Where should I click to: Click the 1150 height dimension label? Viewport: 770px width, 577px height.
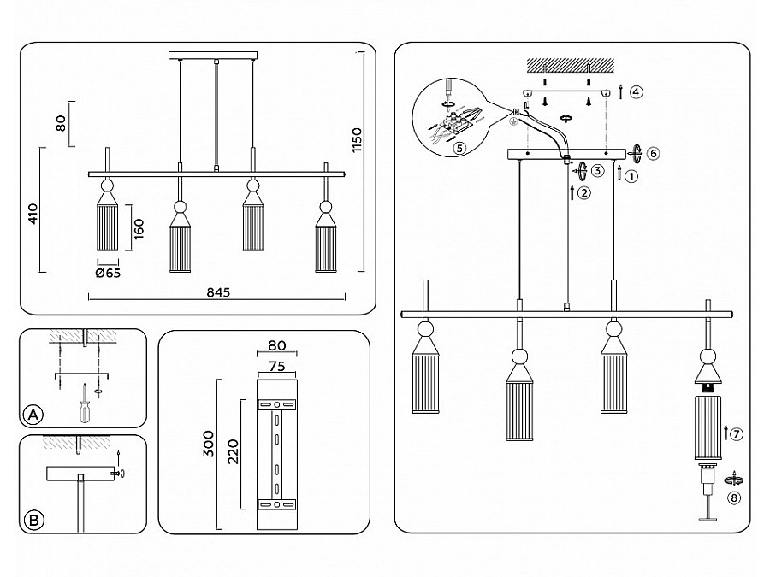(x=357, y=140)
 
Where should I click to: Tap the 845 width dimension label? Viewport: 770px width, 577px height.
(x=218, y=292)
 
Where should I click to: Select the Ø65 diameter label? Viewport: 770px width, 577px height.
(x=108, y=274)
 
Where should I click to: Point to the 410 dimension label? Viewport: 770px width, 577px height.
(x=33, y=214)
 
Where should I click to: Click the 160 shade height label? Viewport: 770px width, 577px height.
(x=139, y=228)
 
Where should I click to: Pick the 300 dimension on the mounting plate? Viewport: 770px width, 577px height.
(x=209, y=444)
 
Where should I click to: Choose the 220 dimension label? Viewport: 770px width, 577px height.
(x=233, y=452)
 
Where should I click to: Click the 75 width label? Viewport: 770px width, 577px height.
(x=277, y=367)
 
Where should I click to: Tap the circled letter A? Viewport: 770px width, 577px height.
(x=33, y=415)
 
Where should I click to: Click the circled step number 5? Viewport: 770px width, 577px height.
(x=459, y=148)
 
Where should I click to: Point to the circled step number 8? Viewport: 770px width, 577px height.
(x=734, y=498)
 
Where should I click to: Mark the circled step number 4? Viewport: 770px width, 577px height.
(x=636, y=91)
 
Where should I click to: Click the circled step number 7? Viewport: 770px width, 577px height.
(x=737, y=433)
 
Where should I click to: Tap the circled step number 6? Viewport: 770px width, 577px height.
(x=653, y=153)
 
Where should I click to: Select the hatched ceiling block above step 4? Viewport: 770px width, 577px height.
(x=570, y=65)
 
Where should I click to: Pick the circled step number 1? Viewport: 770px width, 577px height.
(x=631, y=176)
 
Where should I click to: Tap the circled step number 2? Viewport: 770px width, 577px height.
(x=583, y=193)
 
